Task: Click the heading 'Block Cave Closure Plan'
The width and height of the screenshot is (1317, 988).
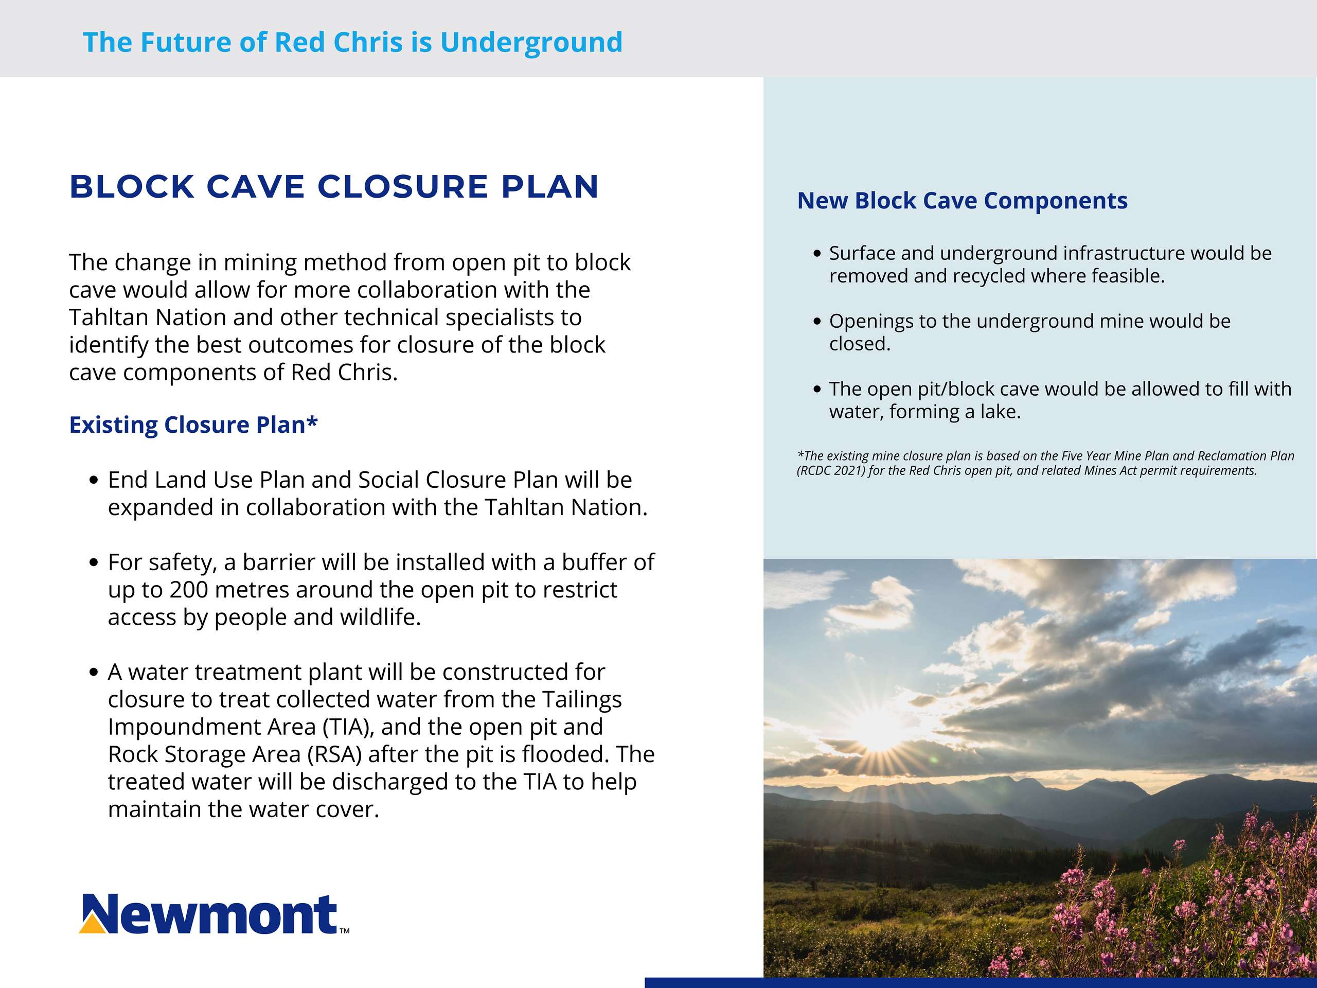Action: tap(334, 187)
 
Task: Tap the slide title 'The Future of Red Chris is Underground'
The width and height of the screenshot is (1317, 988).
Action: tap(352, 42)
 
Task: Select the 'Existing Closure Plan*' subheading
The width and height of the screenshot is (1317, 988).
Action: tap(193, 425)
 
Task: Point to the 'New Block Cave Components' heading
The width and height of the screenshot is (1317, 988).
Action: tap(962, 201)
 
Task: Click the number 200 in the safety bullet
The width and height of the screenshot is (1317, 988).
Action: tap(188, 590)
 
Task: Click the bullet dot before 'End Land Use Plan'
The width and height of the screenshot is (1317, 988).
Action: tap(93, 481)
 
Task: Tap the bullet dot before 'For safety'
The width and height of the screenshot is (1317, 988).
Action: tap(93, 563)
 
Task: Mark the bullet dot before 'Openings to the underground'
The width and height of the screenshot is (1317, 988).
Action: tap(817, 322)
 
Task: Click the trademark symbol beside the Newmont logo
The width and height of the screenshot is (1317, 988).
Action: tap(344, 930)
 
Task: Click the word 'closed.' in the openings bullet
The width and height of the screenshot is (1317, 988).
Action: tap(860, 344)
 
